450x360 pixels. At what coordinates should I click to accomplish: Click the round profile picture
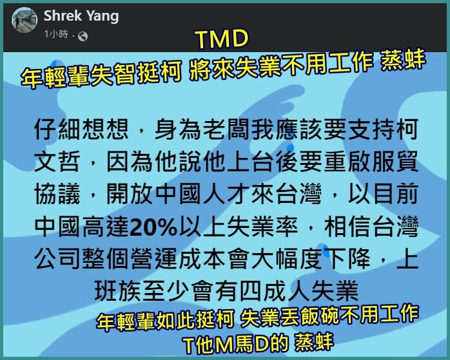tap(24, 20)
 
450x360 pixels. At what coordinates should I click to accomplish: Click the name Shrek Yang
tap(81, 15)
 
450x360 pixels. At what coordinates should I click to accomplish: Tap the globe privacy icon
tap(83, 37)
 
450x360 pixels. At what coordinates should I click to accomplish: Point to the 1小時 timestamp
tap(56, 34)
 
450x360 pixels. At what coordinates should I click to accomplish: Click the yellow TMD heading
tap(222, 39)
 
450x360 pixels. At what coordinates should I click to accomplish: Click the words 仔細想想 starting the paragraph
tap(81, 129)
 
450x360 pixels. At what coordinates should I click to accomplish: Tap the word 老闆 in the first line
tap(227, 129)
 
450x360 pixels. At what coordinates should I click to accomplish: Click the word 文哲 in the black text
tap(57, 162)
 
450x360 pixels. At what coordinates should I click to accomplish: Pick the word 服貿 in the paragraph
tap(395, 162)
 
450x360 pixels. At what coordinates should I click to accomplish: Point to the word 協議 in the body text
tap(57, 194)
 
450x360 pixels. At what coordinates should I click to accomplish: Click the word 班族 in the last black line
tap(118, 291)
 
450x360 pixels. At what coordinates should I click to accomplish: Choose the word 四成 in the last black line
tap(263, 291)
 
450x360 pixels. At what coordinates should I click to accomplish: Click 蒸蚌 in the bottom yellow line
tap(314, 342)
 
